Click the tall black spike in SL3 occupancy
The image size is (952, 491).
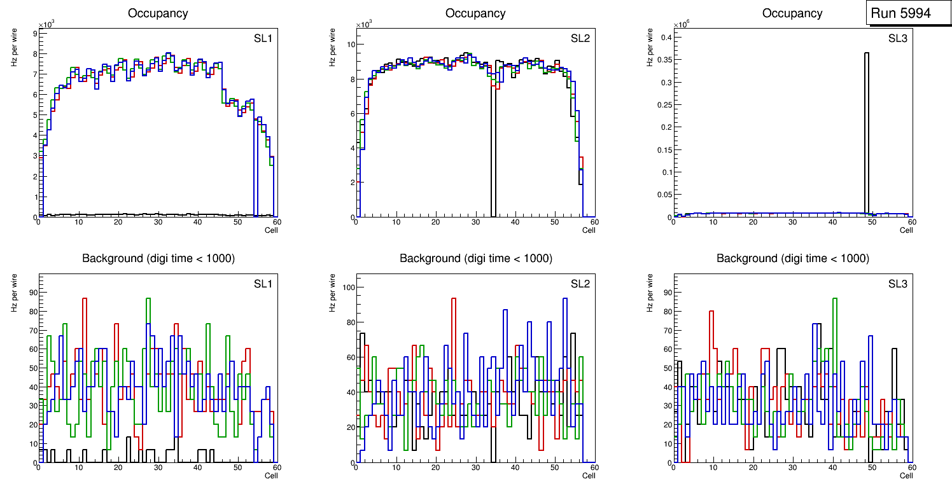(x=866, y=127)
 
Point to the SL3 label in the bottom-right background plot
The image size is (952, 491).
(x=897, y=284)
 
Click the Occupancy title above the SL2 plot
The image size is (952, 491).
(x=475, y=13)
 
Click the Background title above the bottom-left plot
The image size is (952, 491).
(x=158, y=258)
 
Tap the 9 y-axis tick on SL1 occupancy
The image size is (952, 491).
(x=34, y=32)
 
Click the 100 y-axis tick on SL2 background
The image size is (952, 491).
(x=347, y=287)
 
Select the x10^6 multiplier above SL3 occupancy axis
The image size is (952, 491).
(x=682, y=24)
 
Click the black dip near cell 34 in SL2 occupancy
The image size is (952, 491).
(x=493, y=153)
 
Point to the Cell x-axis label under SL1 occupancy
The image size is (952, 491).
(x=271, y=230)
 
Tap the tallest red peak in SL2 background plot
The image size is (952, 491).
(x=454, y=299)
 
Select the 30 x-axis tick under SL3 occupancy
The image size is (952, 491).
(x=792, y=222)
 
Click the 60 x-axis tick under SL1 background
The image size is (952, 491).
(x=276, y=467)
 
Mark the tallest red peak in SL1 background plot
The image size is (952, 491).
(x=84, y=299)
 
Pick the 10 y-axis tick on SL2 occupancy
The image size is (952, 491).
(x=349, y=45)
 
